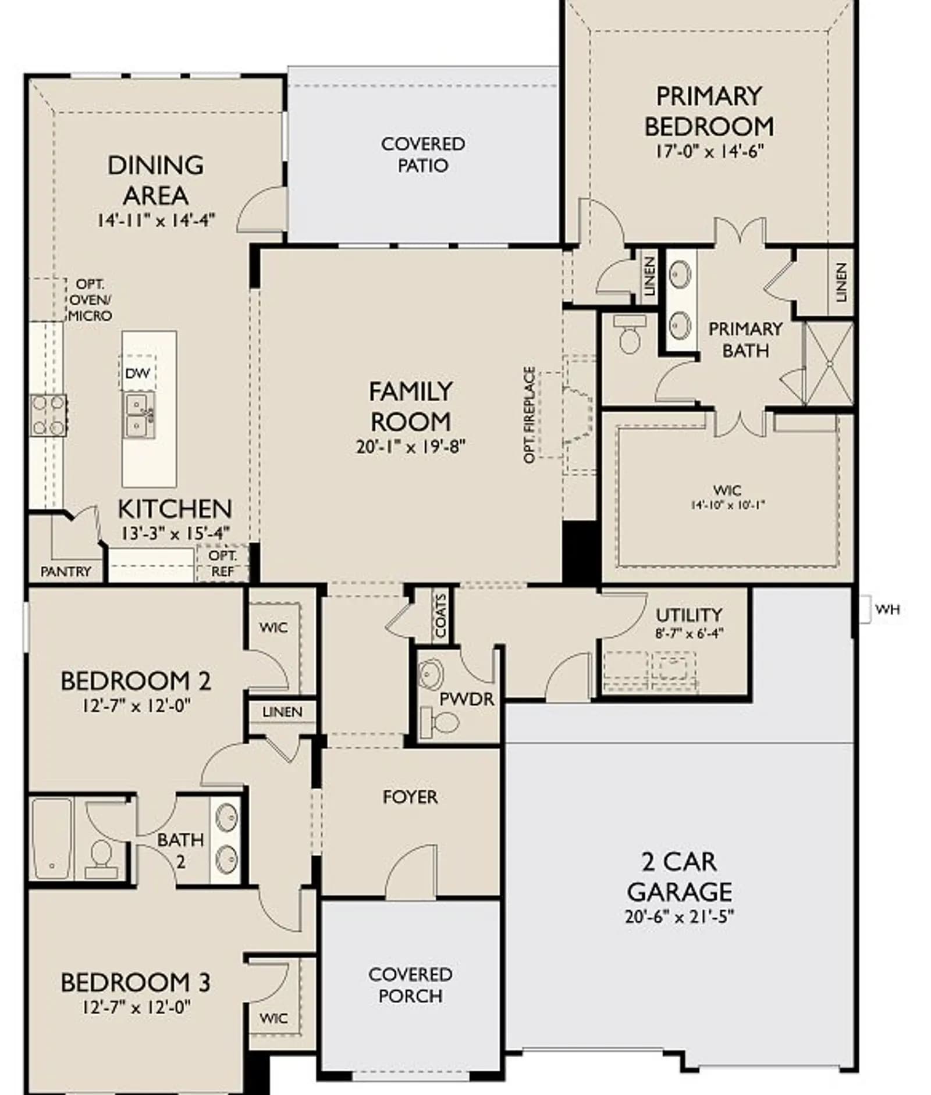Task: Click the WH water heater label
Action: (x=887, y=609)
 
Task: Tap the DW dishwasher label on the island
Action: (x=137, y=373)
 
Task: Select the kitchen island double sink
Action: (x=139, y=415)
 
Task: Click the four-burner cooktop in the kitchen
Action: (x=49, y=415)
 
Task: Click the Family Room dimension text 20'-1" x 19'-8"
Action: (x=411, y=447)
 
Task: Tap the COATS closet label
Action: (x=440, y=616)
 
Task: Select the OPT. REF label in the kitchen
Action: (x=223, y=563)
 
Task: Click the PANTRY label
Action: (x=66, y=572)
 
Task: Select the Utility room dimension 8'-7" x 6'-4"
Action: (x=690, y=633)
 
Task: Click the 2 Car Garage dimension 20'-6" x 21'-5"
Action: (x=680, y=916)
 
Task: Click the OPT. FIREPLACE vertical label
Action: (x=529, y=415)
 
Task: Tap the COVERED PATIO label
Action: (x=423, y=155)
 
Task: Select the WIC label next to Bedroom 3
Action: (x=273, y=1018)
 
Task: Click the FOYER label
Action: (x=410, y=797)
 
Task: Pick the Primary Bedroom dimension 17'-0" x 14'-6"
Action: (x=709, y=151)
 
